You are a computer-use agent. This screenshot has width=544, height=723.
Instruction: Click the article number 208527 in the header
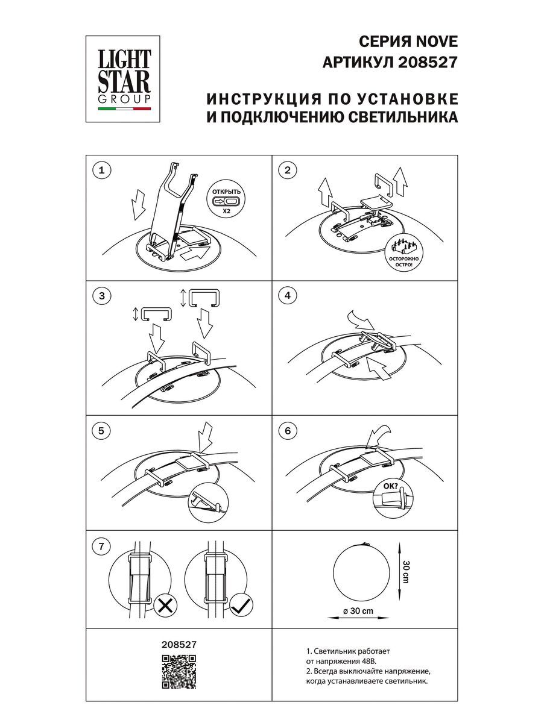[429, 62]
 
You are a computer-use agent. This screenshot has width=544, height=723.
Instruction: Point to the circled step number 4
[288, 296]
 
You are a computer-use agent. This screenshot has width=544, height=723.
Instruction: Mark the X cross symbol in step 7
[163, 605]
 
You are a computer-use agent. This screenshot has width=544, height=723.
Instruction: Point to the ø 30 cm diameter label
[358, 611]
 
